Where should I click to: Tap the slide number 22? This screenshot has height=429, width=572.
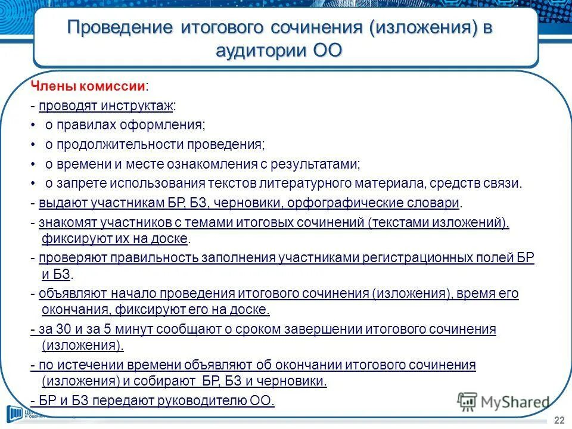(x=559, y=420)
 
